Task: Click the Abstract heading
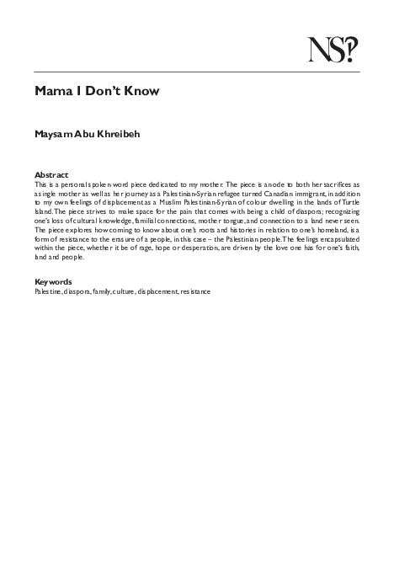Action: (51, 175)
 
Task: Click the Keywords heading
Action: (54, 258)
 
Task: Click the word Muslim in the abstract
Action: (184, 200)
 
